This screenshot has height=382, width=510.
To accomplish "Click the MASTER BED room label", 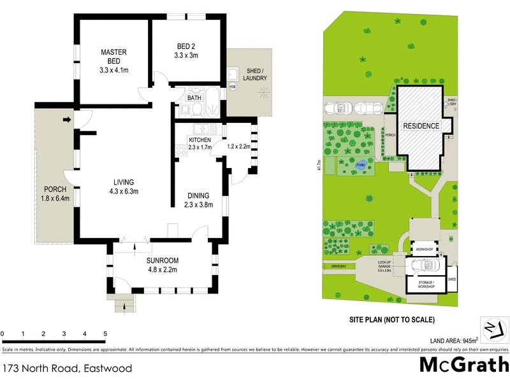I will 114,60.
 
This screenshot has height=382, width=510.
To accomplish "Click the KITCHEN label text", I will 200,140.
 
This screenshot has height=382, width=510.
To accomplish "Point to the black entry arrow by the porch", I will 67,118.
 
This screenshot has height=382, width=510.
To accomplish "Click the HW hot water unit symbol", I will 232,87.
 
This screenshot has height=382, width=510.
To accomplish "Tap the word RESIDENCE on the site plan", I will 421,126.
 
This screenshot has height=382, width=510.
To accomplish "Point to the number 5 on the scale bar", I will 105,334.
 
